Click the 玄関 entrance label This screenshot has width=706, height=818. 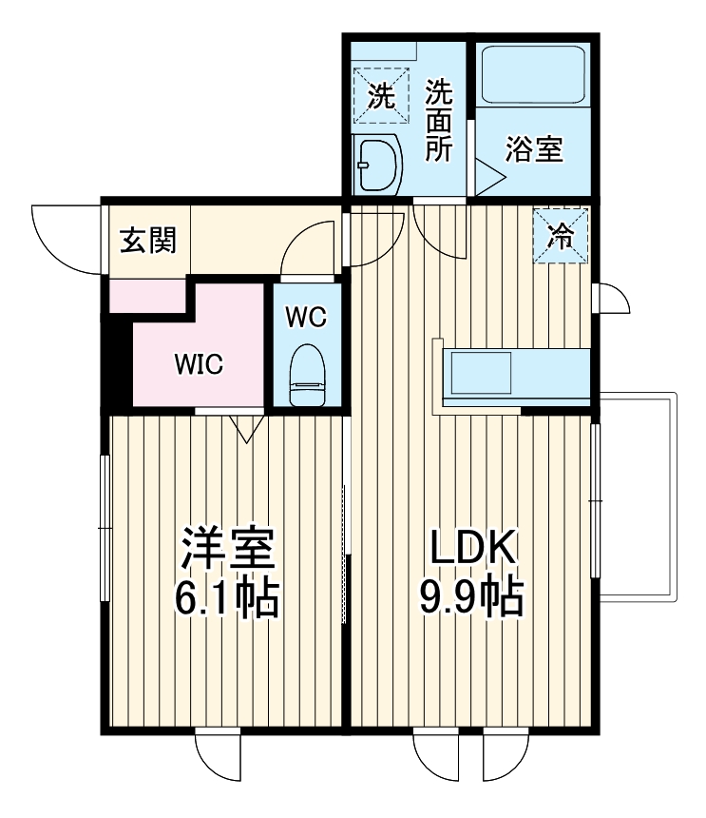click(147, 240)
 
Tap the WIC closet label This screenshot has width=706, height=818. click(197, 364)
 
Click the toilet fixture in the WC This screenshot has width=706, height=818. click(306, 376)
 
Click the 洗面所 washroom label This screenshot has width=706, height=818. click(438, 121)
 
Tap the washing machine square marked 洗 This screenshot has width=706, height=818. click(380, 95)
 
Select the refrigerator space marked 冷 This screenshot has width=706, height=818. click(561, 236)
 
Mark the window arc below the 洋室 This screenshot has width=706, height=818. click(219, 756)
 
